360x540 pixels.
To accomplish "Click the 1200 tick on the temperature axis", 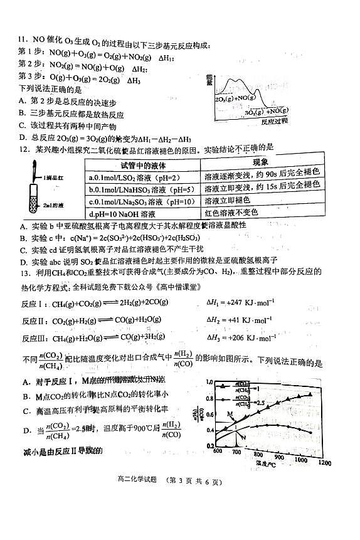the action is [324, 463].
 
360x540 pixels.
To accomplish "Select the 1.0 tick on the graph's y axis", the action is [210, 383].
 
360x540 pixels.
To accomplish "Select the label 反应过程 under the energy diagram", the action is [274, 121].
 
